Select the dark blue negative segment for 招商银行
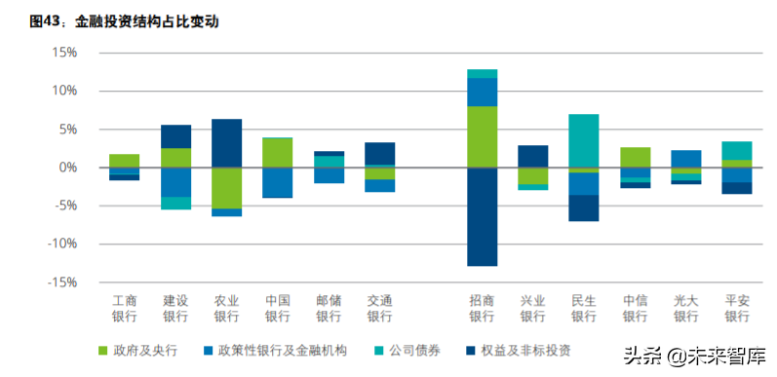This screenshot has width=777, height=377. (482, 216)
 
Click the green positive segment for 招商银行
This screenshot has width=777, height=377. (482, 136)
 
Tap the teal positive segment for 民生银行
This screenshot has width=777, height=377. (583, 140)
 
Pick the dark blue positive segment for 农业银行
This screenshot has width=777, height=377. (226, 143)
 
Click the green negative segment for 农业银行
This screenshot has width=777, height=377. (226, 188)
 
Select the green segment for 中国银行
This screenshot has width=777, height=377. (277, 153)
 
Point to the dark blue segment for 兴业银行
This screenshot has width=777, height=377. (532, 156)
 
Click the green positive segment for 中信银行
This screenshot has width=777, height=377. (635, 157)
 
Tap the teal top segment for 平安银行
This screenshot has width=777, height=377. (736, 150)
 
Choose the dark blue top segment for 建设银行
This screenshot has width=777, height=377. (175, 136)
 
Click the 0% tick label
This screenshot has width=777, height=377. (66, 168)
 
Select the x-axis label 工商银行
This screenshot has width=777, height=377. (124, 308)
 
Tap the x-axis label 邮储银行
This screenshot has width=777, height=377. (328, 308)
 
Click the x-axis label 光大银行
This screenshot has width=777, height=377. (685, 308)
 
